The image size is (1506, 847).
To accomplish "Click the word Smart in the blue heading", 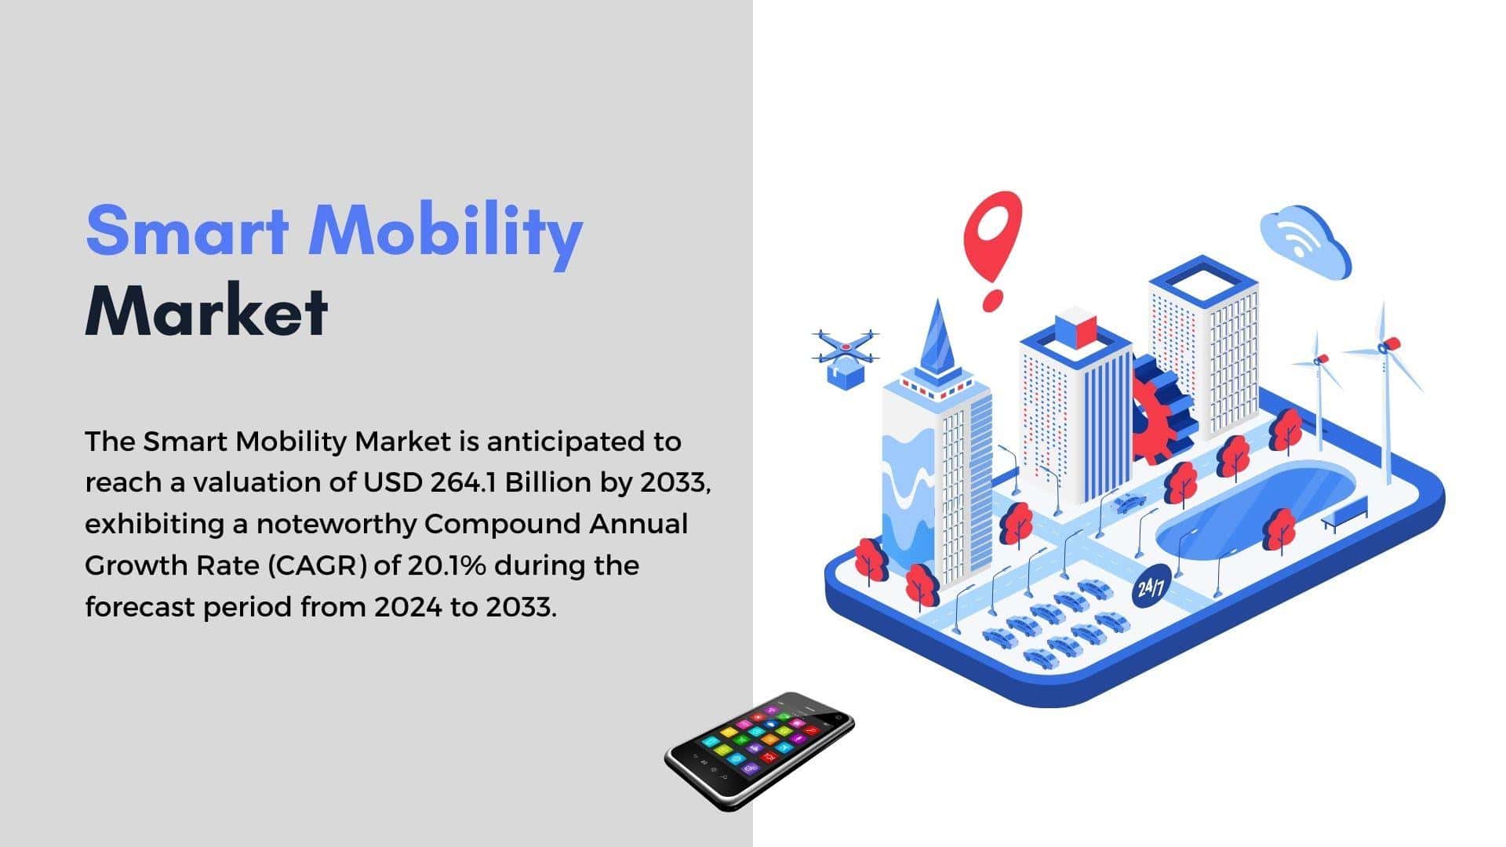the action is click(187, 230).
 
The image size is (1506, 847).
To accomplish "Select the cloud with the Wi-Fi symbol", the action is click(1305, 241).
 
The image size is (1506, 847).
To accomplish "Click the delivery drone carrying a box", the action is click(845, 357).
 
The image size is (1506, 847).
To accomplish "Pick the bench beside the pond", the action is click(1344, 514).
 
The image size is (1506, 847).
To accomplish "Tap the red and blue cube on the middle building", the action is click(1075, 328).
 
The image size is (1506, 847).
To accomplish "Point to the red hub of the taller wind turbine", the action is click(1389, 344).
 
